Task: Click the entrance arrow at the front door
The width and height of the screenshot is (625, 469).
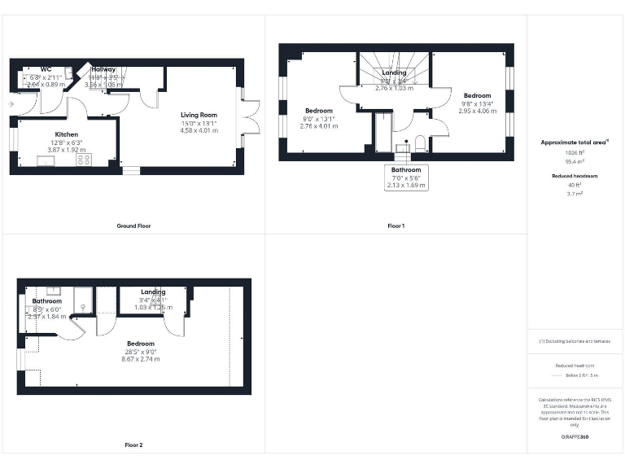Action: click(10, 104)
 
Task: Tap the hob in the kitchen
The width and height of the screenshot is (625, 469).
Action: click(84, 160)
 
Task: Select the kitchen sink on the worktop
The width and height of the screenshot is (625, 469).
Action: click(44, 161)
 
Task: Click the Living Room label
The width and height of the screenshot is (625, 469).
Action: click(199, 115)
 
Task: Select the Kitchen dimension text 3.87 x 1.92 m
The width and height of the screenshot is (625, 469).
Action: click(67, 151)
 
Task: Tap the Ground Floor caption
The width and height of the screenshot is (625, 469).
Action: click(133, 226)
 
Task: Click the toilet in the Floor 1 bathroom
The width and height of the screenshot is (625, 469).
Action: click(420, 144)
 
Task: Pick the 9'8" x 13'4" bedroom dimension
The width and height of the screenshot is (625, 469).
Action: click(478, 103)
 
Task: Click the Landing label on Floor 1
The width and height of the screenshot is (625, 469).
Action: click(394, 73)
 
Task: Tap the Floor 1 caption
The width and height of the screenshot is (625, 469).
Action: click(396, 226)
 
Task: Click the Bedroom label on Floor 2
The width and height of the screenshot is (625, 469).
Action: click(140, 344)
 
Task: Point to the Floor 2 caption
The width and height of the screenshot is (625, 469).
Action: click(133, 445)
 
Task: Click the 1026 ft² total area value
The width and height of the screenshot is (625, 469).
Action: click(575, 152)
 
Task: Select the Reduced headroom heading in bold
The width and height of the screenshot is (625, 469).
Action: click(575, 176)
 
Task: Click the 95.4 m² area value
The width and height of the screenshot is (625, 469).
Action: click(575, 161)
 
